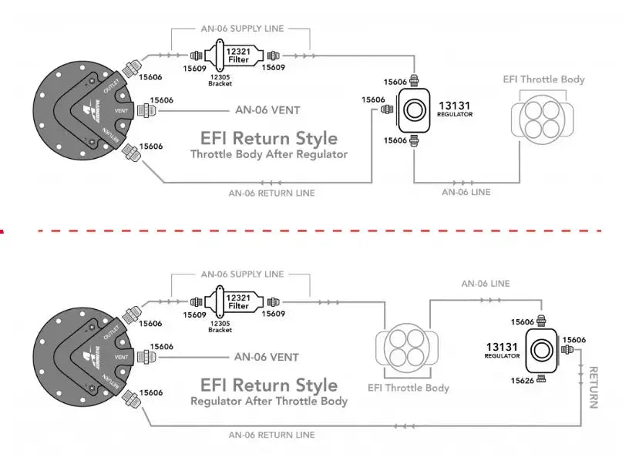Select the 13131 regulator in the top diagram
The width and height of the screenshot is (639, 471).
click(x=415, y=110)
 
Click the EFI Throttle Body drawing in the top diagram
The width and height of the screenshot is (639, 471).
click(x=543, y=115)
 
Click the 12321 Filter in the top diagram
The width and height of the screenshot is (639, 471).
click(x=238, y=55)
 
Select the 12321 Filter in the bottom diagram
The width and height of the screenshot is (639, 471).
click(x=238, y=301)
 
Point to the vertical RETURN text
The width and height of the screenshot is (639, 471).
click(x=594, y=387)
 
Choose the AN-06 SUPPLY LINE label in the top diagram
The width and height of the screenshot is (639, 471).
click(x=242, y=29)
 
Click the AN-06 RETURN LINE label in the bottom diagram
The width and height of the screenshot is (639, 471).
click(x=272, y=435)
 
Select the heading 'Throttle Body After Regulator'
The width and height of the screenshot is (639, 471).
click(x=269, y=154)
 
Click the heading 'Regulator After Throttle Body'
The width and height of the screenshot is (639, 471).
click(x=269, y=401)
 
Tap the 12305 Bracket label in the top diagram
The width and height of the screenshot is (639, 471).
click(x=220, y=80)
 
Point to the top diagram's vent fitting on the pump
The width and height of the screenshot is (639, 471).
click(x=143, y=110)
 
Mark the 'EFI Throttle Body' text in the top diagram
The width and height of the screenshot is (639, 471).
click(x=543, y=79)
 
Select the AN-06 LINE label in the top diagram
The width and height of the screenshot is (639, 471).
click(x=466, y=192)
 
